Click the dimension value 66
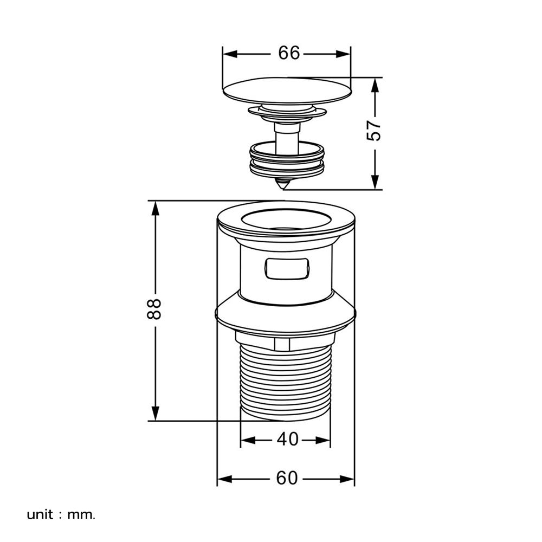[x=289, y=53]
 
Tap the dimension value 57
[x=374, y=130]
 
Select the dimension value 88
[x=154, y=309]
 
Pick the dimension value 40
[x=288, y=440]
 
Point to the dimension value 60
[x=287, y=478]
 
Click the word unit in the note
[x=40, y=515]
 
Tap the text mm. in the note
[x=81, y=515]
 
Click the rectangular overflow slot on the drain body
[x=287, y=269]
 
